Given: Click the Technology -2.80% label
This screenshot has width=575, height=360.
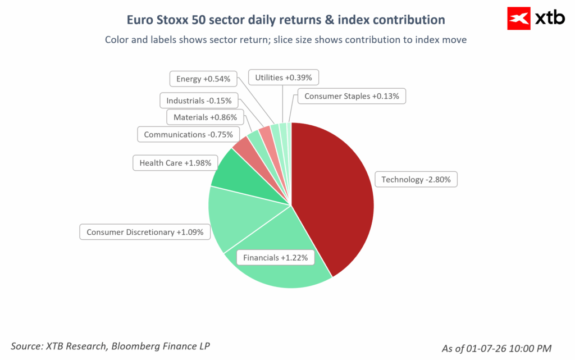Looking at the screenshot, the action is pyautogui.click(x=416, y=179).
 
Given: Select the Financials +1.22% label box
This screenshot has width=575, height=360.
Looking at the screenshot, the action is pyautogui.click(x=275, y=258).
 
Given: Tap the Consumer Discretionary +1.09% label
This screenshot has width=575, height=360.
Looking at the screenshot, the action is pyautogui.click(x=145, y=232).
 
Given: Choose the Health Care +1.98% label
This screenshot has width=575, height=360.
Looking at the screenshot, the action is pyautogui.click(x=175, y=163).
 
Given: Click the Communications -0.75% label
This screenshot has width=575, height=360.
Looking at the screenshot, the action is pyautogui.click(x=188, y=135).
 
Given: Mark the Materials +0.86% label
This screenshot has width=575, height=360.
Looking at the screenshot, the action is pyautogui.click(x=205, y=117).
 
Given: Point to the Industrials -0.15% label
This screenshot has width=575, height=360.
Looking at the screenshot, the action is pyautogui.click(x=199, y=101).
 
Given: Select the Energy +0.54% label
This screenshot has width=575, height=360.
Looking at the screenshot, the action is pyautogui.click(x=203, y=79).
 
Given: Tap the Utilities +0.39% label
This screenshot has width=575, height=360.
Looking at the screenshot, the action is pyautogui.click(x=284, y=78).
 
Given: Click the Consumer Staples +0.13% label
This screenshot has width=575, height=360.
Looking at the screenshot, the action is pyautogui.click(x=352, y=96).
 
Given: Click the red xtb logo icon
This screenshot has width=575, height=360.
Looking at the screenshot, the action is pyautogui.click(x=518, y=19).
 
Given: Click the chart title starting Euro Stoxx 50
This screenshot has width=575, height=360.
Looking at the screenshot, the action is pyautogui.click(x=286, y=20).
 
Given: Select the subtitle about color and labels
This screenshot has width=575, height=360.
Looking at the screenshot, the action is pyautogui.click(x=286, y=39).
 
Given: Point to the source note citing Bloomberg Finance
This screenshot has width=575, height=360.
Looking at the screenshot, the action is pyautogui.click(x=110, y=346).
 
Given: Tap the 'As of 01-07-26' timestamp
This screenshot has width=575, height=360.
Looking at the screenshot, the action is pyautogui.click(x=496, y=348).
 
